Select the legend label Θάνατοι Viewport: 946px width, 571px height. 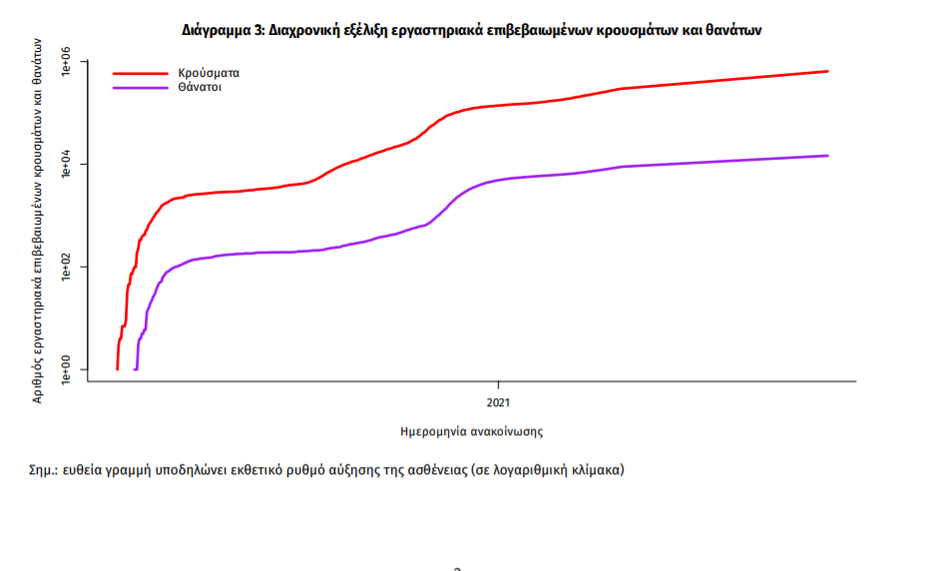(x=201, y=88)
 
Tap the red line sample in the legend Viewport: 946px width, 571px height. (x=140, y=73)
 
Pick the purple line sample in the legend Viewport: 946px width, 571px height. (x=140, y=88)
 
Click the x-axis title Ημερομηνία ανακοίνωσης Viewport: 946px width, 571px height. (x=471, y=432)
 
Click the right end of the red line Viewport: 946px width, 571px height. (x=827, y=71)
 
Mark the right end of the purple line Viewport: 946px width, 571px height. (x=827, y=156)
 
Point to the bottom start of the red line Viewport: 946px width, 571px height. (x=118, y=368)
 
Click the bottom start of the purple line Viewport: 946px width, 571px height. (x=136, y=368)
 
